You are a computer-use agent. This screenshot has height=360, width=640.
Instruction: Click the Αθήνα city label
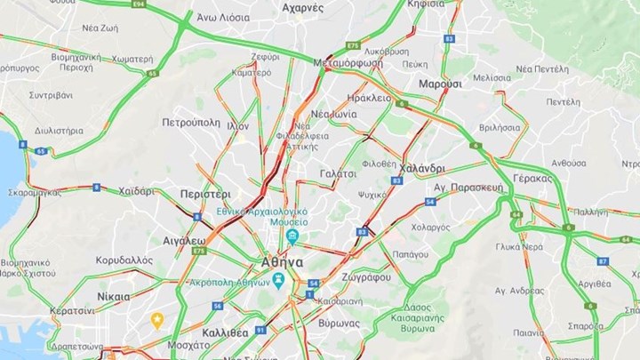[283, 263]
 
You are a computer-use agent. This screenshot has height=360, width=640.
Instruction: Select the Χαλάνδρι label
[421, 169]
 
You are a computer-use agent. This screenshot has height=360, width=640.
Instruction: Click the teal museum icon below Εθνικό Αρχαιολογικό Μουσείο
[292, 236]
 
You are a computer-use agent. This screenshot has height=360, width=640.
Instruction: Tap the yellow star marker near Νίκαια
[157, 319]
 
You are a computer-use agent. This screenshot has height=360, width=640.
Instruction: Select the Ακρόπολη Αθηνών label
[229, 282]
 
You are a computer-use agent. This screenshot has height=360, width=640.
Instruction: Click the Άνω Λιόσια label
[222, 17]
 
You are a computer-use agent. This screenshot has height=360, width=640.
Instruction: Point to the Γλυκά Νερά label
[519, 246]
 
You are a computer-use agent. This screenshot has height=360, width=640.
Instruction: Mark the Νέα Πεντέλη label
[541, 68]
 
